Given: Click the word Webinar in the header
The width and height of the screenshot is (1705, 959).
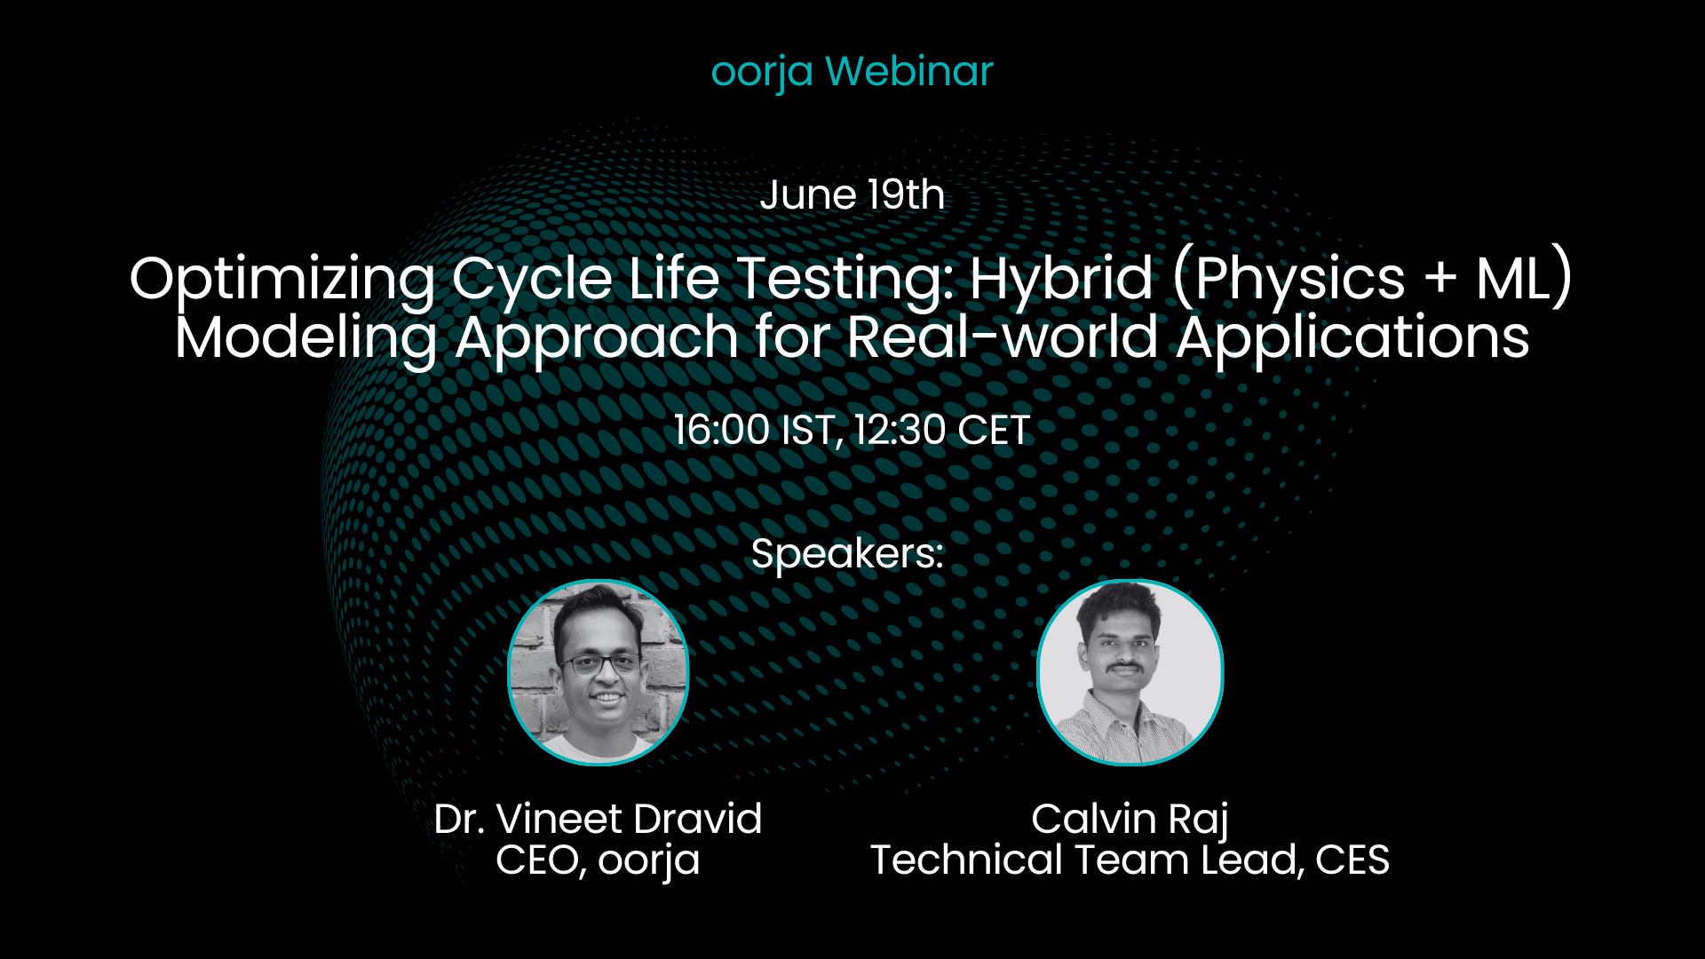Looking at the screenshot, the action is pyautogui.click(x=909, y=71).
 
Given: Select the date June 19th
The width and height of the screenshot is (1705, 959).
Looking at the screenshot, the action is pyautogui.click(x=852, y=194).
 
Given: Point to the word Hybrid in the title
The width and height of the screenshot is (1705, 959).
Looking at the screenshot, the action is pyautogui.click(x=1061, y=279).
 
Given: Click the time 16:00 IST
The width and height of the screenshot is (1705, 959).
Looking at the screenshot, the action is pyautogui.click(x=756, y=431).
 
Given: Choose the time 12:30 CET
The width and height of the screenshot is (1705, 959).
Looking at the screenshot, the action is pyautogui.click(x=941, y=431).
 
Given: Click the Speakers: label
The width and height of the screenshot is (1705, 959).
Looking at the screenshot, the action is pyautogui.click(x=847, y=555).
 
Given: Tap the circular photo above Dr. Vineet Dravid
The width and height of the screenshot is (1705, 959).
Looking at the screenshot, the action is pyautogui.click(x=599, y=672).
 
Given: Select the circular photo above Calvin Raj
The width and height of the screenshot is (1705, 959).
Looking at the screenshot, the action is pyautogui.click(x=1130, y=672).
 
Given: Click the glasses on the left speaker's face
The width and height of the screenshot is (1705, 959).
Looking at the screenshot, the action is pyautogui.click(x=600, y=663).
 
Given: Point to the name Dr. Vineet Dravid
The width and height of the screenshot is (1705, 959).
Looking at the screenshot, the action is pyautogui.click(x=598, y=819).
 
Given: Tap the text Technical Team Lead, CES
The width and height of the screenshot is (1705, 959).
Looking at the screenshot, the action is pyautogui.click(x=1130, y=860).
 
